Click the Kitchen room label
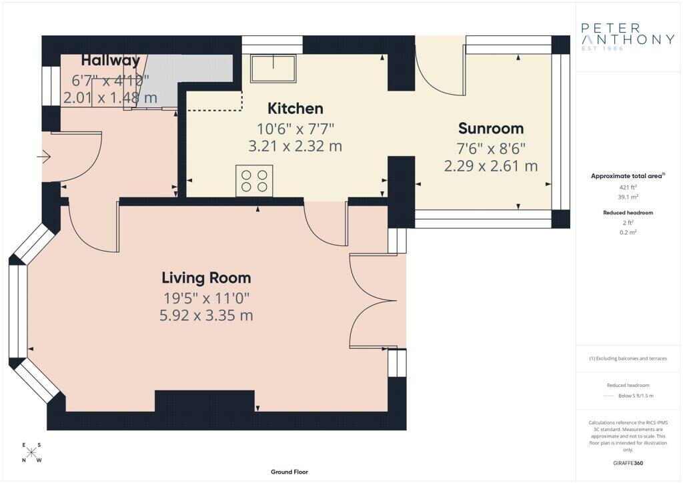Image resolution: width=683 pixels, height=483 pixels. point(295,109)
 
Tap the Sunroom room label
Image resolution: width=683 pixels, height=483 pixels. point(491,129)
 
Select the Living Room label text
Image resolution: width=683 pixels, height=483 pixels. point(207,278)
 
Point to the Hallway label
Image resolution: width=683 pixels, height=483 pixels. point(111,60)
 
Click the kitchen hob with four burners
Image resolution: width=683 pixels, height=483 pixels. point(254,181)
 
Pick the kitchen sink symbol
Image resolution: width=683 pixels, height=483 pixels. point(273,68)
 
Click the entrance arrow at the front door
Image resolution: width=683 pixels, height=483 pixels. point(44,156)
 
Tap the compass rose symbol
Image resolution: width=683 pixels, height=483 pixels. point(31,452)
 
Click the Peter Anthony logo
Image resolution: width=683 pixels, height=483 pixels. point(627,37)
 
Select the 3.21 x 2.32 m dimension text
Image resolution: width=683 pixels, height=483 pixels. point(295,146)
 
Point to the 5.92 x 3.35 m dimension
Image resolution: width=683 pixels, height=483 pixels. point(206,316)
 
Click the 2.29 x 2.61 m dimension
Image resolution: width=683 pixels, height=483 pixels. point(491,166)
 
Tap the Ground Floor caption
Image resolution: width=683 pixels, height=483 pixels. point(289,472)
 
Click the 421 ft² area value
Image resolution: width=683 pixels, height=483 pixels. point(628,187)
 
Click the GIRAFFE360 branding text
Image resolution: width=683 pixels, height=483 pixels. point(628,463)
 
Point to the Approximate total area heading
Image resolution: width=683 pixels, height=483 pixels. point(628,176)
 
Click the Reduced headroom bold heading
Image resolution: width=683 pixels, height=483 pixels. point(628,213)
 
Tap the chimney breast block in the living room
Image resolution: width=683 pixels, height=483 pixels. point(204,401)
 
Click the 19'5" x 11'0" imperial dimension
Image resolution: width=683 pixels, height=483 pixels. point(207,298)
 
